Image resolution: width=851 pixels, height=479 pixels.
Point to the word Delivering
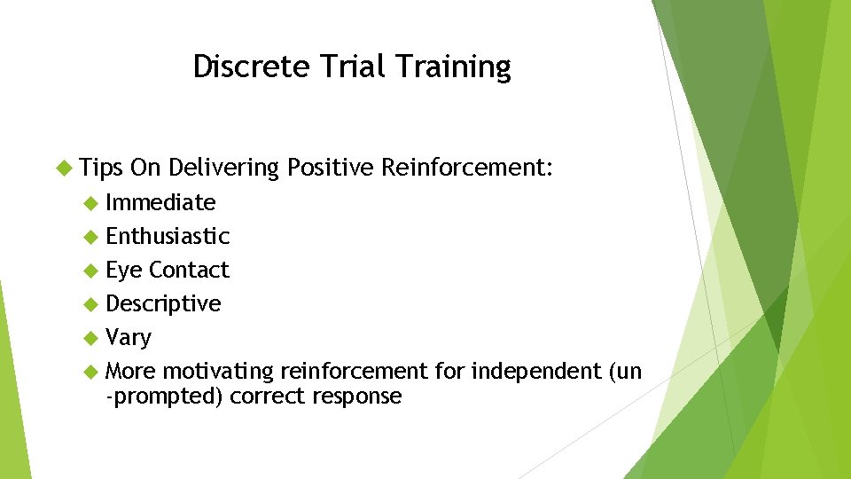pos(223,168)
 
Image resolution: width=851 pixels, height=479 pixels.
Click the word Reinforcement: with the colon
pos(467,168)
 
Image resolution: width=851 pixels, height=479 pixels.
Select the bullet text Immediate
pos(160,203)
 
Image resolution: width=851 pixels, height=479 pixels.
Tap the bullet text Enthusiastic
pos(168,237)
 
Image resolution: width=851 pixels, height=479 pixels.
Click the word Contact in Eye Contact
pos(189,271)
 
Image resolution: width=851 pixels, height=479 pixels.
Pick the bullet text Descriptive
pos(163,304)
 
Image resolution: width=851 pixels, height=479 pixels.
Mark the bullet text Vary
pos(129,338)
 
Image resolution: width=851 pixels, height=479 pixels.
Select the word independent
pos(536,371)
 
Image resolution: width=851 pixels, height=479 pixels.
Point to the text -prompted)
pos(165,397)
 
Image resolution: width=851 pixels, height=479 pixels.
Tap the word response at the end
pos(357,397)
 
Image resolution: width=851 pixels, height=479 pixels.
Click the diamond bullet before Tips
pos(63,168)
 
